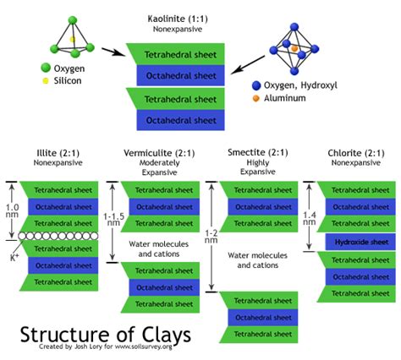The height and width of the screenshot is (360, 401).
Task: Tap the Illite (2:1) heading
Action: point(57,152)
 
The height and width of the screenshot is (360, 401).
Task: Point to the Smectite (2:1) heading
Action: point(257,152)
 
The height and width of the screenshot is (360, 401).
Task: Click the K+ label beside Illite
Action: point(13,255)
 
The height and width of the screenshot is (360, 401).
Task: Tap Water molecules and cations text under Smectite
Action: point(256,259)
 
